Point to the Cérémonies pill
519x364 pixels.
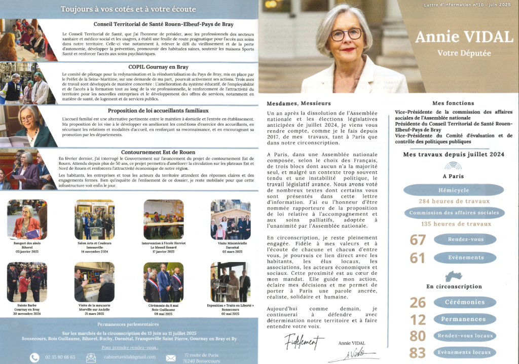[465, 302]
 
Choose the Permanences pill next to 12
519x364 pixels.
[465, 319]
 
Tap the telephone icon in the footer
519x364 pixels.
[34, 357]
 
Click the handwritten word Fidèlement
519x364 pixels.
[304, 342]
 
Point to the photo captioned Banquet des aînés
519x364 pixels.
[27, 219]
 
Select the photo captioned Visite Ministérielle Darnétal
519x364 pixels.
[230, 219]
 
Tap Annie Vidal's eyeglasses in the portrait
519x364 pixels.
[346, 34]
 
